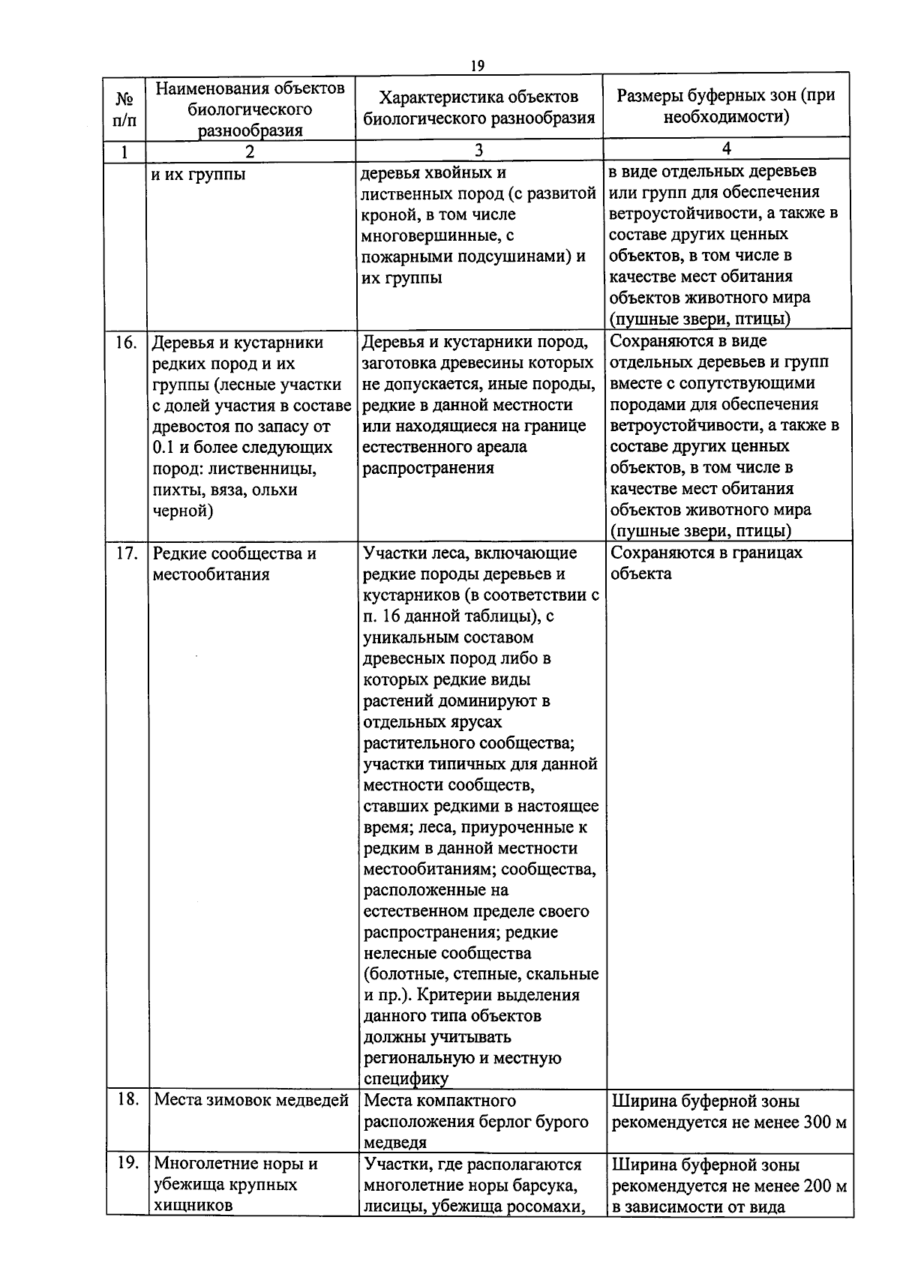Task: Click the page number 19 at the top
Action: coord(477,66)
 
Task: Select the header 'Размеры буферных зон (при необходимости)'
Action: coord(725,106)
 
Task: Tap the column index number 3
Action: coord(478,151)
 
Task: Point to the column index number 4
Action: coord(726,148)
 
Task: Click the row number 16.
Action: coord(125,343)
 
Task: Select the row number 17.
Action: coord(126,553)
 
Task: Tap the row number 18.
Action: coord(127,1099)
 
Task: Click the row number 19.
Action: coord(127,1163)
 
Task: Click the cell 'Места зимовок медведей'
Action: coord(251,1100)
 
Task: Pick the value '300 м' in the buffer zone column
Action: coord(825,1123)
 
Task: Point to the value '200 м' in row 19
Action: coord(825,1186)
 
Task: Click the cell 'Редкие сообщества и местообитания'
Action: coord(234,564)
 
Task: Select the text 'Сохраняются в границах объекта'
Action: coord(705,563)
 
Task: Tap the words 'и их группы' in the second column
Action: coord(198,175)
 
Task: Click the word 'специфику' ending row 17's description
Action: coord(406,1079)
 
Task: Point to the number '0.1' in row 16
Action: coord(163,448)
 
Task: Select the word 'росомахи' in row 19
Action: coord(553,1207)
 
